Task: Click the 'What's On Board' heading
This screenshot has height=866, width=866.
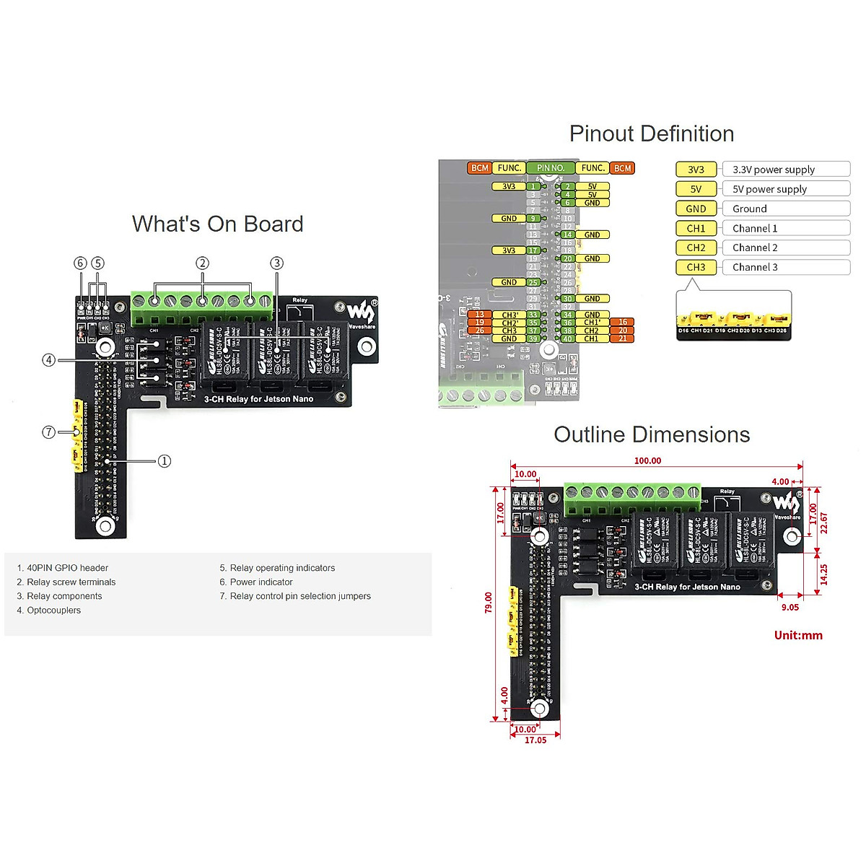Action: point(217,224)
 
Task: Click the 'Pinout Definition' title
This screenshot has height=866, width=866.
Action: point(651,134)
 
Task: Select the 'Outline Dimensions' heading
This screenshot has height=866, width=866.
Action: point(652,434)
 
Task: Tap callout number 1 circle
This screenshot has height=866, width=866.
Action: point(165,461)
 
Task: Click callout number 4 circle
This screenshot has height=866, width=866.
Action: point(48,359)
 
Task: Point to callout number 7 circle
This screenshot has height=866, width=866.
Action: point(48,432)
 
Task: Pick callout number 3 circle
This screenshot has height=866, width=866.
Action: point(276,263)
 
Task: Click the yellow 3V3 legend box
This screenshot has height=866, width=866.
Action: point(696,170)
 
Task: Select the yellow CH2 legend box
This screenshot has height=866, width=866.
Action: point(696,248)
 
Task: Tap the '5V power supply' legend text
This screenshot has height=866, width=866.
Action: point(769,189)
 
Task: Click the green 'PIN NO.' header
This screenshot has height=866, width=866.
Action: point(551,168)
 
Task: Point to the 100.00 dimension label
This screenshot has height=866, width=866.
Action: point(647,460)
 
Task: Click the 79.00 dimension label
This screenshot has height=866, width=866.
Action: point(489,603)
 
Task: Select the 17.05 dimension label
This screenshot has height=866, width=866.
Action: point(535,740)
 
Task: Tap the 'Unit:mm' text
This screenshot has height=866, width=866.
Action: point(798,635)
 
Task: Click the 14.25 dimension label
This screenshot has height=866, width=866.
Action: point(824,574)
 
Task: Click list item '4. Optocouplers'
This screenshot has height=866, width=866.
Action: point(49,611)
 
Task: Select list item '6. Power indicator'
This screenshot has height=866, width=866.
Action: point(256,582)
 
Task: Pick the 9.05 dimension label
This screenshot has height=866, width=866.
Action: point(790,608)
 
